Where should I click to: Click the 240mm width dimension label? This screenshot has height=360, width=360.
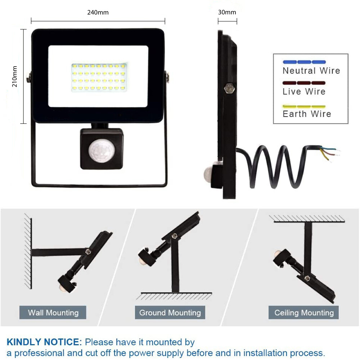98,12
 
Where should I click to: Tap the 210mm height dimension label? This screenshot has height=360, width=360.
14,76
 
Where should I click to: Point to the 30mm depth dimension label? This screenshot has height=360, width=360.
227,12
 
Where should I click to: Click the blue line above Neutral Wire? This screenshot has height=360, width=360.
304,62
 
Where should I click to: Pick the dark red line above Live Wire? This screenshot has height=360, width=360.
304,83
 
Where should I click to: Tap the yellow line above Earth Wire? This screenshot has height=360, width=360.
304,107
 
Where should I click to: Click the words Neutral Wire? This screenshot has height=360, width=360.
311,71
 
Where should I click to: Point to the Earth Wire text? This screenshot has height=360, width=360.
307,114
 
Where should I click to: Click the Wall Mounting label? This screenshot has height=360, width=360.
53,312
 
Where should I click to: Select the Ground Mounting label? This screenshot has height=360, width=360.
170,312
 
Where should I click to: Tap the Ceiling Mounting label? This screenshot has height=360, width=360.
304,312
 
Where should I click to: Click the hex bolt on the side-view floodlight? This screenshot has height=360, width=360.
229,88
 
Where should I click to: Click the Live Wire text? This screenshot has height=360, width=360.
304,91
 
